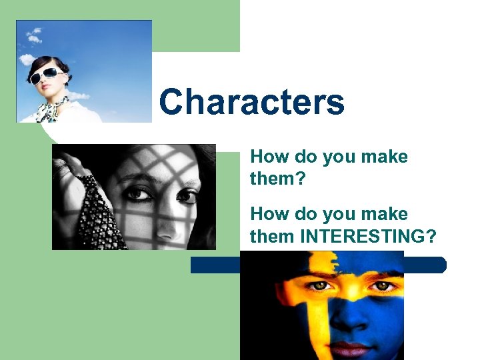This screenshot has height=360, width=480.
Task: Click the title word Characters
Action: [x=252, y=103]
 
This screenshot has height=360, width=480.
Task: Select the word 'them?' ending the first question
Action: [x=273, y=179]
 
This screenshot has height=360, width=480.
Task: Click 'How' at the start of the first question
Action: [x=267, y=157]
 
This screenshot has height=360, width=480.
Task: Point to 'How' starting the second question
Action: [x=267, y=214]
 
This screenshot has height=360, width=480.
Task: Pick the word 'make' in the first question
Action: [x=385, y=157]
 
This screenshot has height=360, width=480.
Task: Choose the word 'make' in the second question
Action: [x=385, y=214]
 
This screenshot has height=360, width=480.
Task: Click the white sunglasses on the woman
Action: [x=47, y=75]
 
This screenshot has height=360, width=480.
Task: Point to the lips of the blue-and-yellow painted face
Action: [x=350, y=349]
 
